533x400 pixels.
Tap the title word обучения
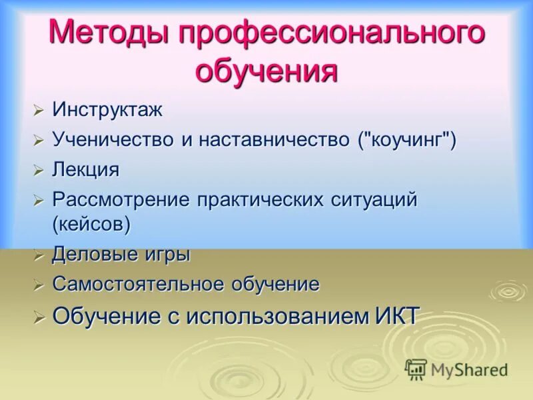click(x=266, y=71)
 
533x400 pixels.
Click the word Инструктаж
click(x=107, y=110)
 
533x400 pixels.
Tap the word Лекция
click(x=86, y=170)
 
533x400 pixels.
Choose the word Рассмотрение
click(x=121, y=200)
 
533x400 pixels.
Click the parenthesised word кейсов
click(x=91, y=224)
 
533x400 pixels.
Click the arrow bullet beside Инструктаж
click(x=39, y=111)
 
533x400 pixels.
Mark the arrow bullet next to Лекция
click(x=39, y=171)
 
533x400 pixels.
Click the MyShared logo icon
click(x=416, y=369)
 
